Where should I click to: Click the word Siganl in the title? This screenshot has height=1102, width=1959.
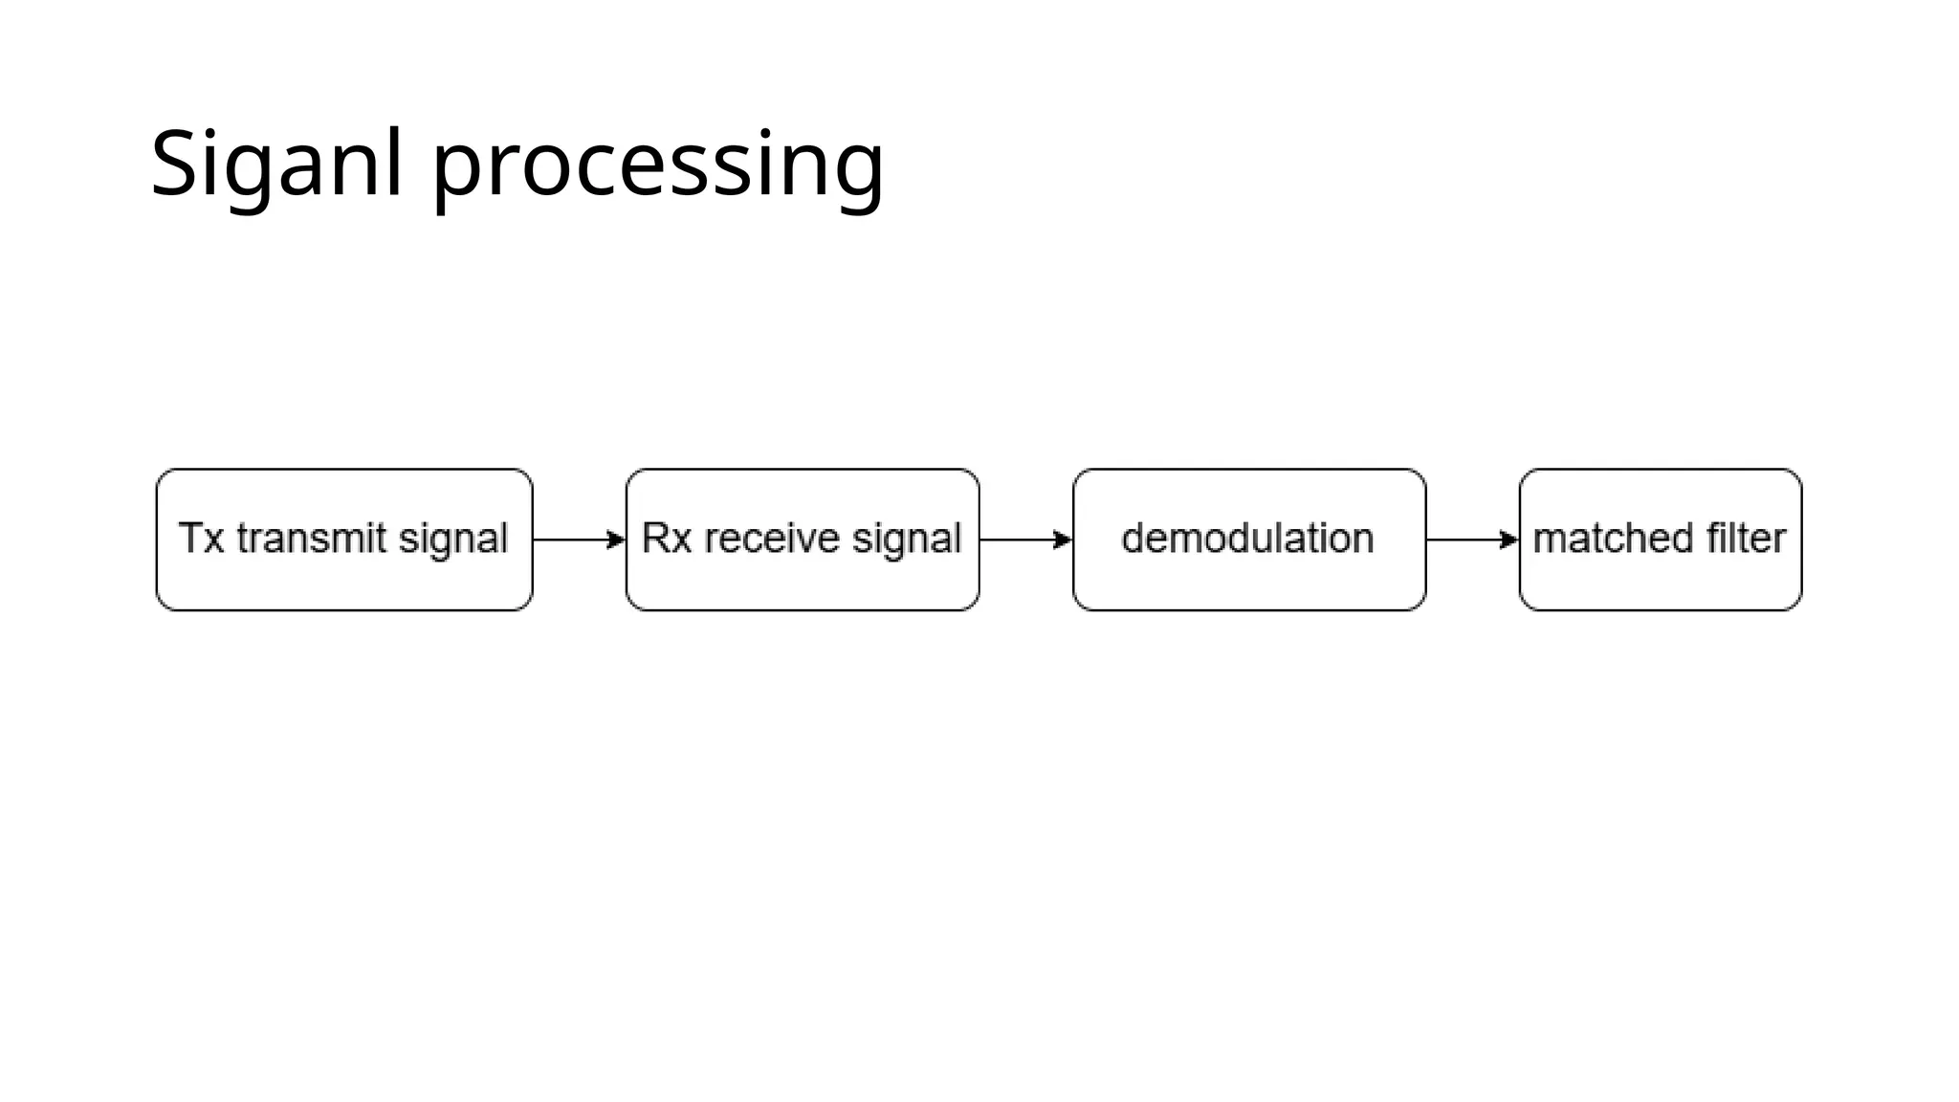pos(276,165)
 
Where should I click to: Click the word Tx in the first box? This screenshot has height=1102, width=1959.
pos(202,539)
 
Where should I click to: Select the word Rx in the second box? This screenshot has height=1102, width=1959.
pos(666,539)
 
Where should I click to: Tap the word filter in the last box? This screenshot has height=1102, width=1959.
pos(1747,539)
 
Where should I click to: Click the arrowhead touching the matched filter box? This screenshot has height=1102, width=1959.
pos(1509,540)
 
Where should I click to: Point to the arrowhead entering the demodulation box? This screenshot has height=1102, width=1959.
pos(1063,540)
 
